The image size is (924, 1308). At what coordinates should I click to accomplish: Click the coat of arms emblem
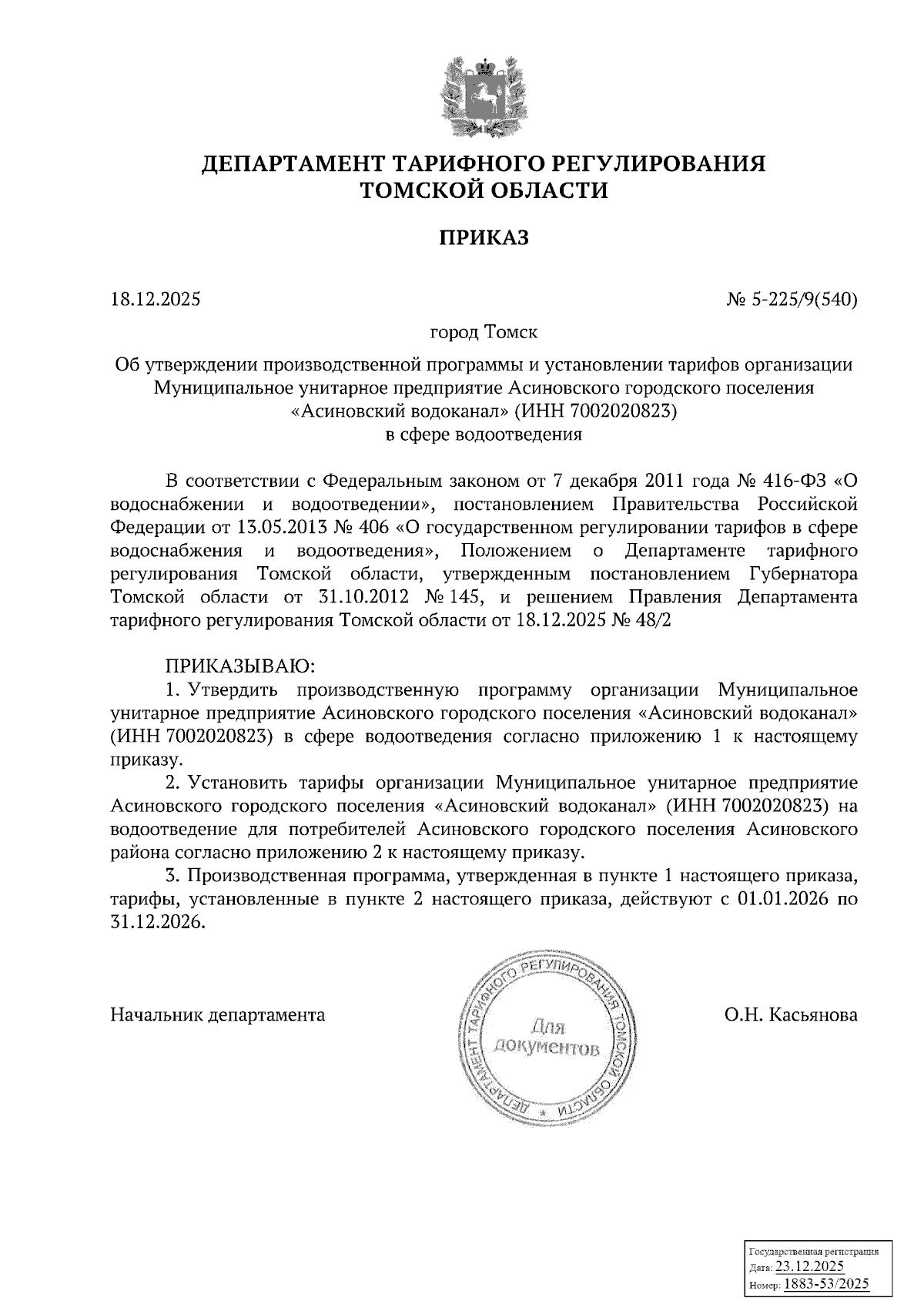[484, 96]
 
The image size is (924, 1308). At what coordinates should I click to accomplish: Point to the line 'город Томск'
[483, 333]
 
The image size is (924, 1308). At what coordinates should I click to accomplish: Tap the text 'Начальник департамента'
[218, 1015]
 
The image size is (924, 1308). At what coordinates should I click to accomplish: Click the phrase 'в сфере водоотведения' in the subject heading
[483, 434]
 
